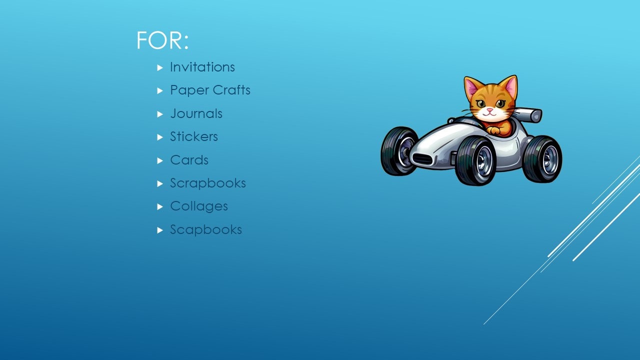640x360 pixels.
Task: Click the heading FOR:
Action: tap(162, 40)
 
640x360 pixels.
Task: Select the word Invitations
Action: tap(202, 67)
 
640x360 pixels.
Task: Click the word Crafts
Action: tap(230, 90)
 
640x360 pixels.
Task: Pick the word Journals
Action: tap(196, 113)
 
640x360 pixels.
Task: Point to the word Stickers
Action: tap(193, 136)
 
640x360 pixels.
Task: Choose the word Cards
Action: tap(189, 160)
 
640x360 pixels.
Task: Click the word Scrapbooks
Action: tap(207, 183)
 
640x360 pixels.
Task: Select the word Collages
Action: tap(198, 206)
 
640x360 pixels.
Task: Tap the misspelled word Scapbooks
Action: tap(205, 229)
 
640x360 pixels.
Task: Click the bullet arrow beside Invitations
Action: tap(160, 67)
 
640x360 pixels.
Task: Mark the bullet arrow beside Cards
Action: tap(160, 160)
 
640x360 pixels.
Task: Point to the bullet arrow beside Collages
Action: tap(160, 206)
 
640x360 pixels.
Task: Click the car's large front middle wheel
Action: tap(475, 160)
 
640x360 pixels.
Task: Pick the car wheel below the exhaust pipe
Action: tap(542, 159)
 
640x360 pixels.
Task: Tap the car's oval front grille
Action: tap(423, 159)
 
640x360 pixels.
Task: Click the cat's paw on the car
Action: tap(494, 130)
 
